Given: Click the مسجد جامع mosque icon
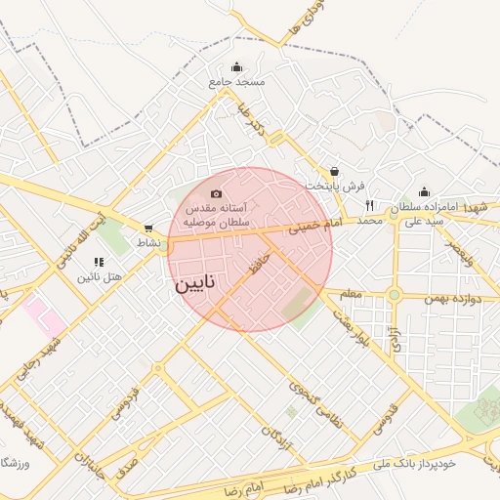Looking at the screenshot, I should [x=237, y=67].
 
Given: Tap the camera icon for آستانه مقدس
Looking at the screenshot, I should [x=216, y=193].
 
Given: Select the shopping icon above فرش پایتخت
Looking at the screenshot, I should [x=335, y=171].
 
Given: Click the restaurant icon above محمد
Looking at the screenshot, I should [x=369, y=205].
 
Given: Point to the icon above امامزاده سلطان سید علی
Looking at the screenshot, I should [x=424, y=192].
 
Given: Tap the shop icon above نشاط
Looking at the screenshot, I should [x=148, y=228].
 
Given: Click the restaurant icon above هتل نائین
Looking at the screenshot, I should [x=98, y=262].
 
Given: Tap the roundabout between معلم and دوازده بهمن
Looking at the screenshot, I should [x=394, y=294].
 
